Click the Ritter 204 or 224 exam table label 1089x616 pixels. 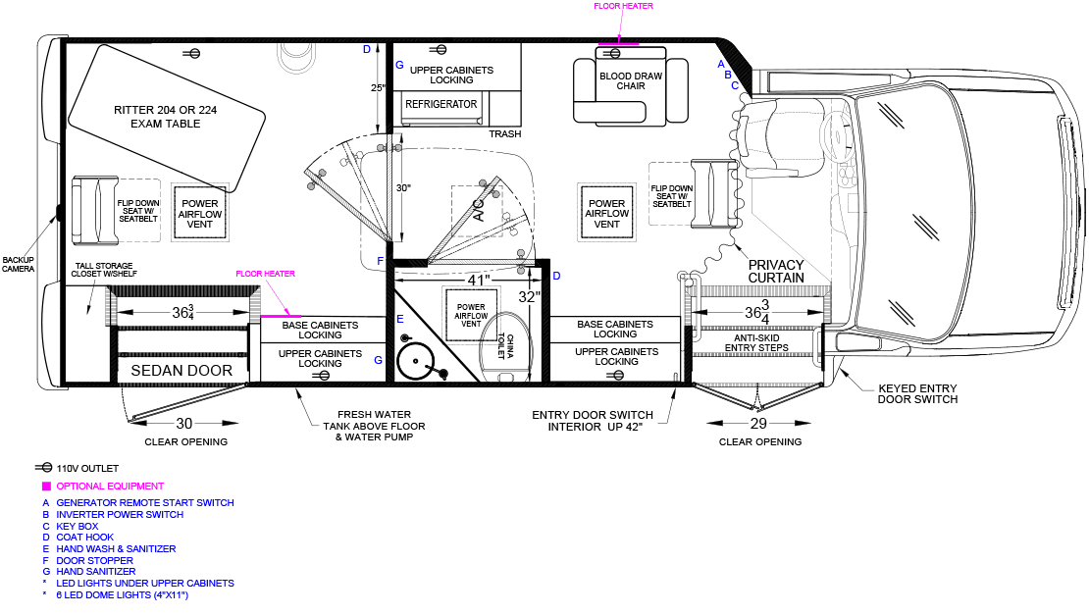[x=164, y=117]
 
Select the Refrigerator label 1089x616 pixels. [x=441, y=104]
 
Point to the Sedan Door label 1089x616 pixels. [x=181, y=370]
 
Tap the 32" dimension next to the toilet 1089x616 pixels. [x=529, y=297]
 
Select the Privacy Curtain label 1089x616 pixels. [x=775, y=272]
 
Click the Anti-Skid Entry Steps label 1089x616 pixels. [x=756, y=342]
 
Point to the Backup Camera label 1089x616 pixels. [x=18, y=262]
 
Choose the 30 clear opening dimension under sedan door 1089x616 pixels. [x=184, y=423]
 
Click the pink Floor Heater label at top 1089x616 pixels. [x=623, y=6]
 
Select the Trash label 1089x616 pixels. [x=505, y=134]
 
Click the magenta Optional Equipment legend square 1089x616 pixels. [x=45, y=487]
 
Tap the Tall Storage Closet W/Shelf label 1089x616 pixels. [x=108, y=270]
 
